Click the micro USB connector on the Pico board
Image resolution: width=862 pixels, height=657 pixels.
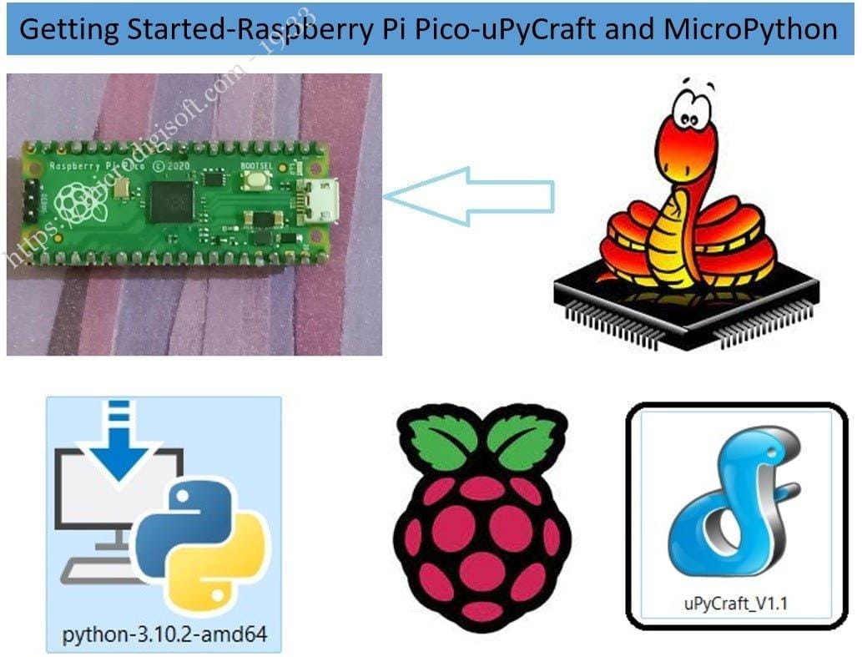point(320,200)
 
